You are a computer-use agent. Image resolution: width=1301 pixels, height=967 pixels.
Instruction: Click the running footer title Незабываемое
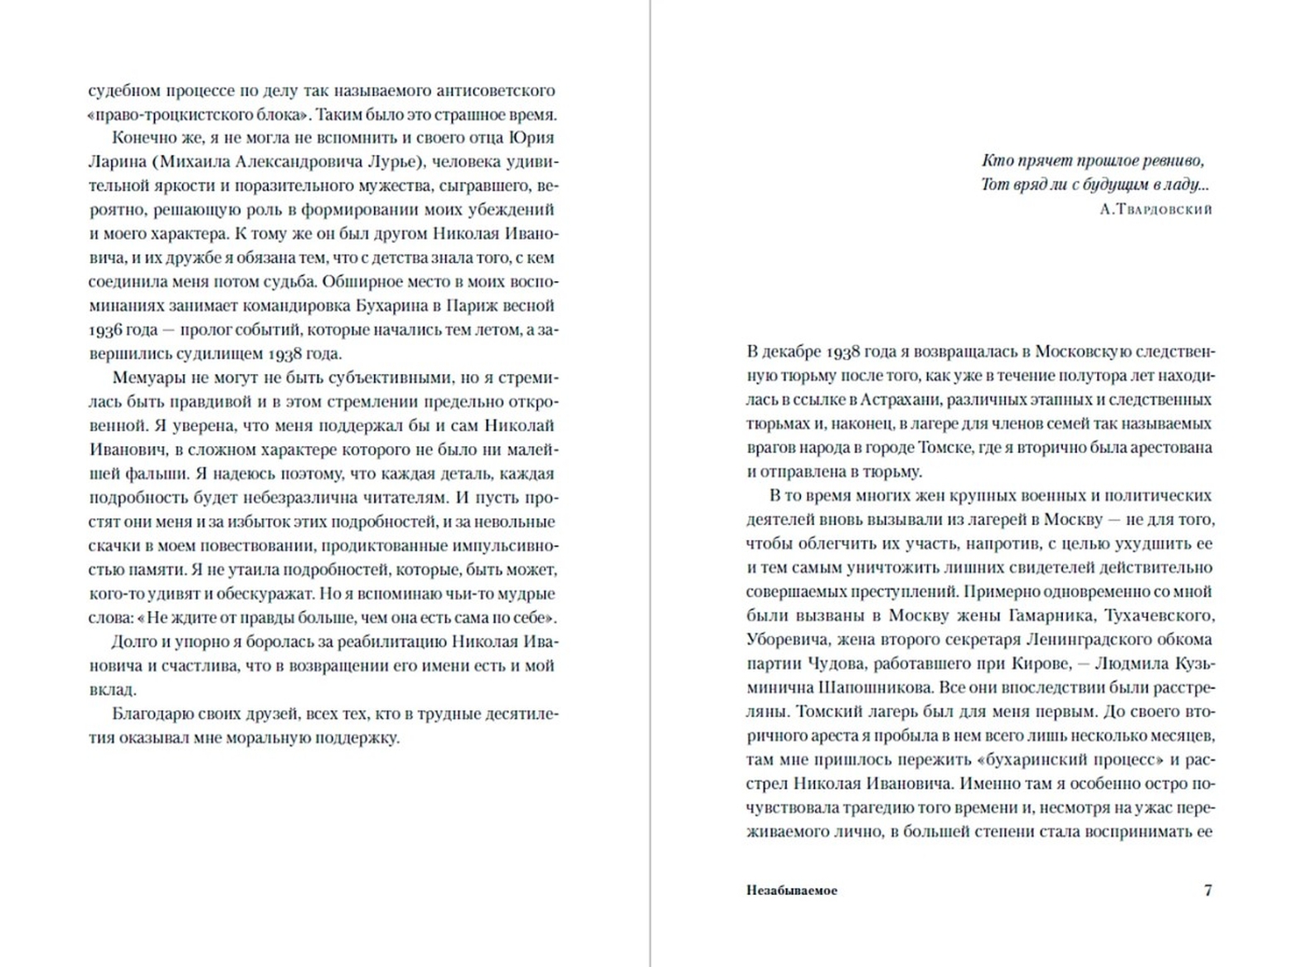pos(791,891)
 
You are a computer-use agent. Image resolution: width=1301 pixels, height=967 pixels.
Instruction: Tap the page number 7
pos(1207,891)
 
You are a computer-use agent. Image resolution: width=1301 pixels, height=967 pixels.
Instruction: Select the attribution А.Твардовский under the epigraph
pos(1156,210)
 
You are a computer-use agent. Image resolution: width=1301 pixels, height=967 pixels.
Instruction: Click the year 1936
pos(105,329)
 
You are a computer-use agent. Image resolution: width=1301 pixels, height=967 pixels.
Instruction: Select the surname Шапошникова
pos(871,688)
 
